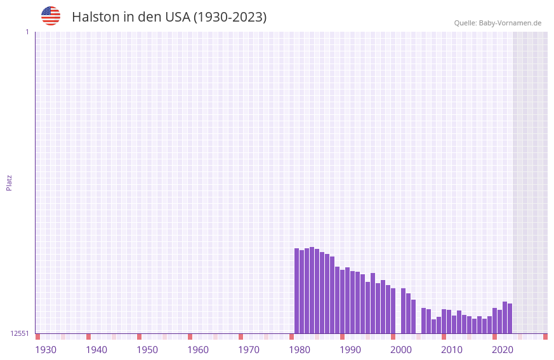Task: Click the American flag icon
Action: (51, 16)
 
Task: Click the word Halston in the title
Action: (95, 17)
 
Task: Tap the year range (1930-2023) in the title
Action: (229, 17)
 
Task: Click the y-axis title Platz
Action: (9, 182)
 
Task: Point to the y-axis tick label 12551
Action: (20, 333)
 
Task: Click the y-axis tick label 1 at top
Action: (27, 32)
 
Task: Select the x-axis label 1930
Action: (46, 350)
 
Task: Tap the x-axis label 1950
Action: (147, 350)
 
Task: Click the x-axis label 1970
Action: (249, 350)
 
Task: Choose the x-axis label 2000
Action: (401, 350)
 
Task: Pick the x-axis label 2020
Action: (503, 350)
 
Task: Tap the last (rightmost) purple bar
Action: (510, 318)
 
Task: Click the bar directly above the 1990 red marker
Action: (342, 302)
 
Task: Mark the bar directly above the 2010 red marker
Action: (444, 321)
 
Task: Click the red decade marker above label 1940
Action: (88, 337)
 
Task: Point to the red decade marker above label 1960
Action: (190, 337)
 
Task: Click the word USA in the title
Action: (176, 17)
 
